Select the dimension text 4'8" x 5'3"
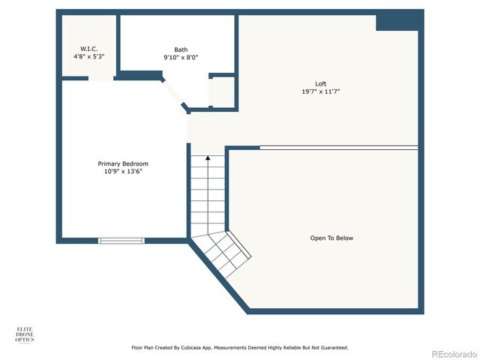pyautogui.click(x=88, y=57)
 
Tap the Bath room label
pyautogui.click(x=181, y=49)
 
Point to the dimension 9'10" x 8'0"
pyautogui.click(x=181, y=57)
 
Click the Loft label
pyautogui.click(x=320, y=83)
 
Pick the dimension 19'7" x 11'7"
pyautogui.click(x=320, y=91)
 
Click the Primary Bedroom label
pyautogui.click(x=123, y=163)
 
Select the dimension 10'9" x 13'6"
pyautogui.click(x=123, y=171)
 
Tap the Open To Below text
pyautogui.click(x=331, y=238)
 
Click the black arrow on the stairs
pyautogui.click(x=208, y=160)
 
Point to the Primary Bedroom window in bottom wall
pyautogui.click(x=121, y=241)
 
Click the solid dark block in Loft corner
pyautogui.click(x=397, y=21)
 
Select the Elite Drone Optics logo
pyautogui.click(x=25, y=334)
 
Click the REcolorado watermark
pyautogui.click(x=451, y=353)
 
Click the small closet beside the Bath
pyautogui.click(x=223, y=91)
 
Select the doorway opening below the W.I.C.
pyautogui.click(x=100, y=77)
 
